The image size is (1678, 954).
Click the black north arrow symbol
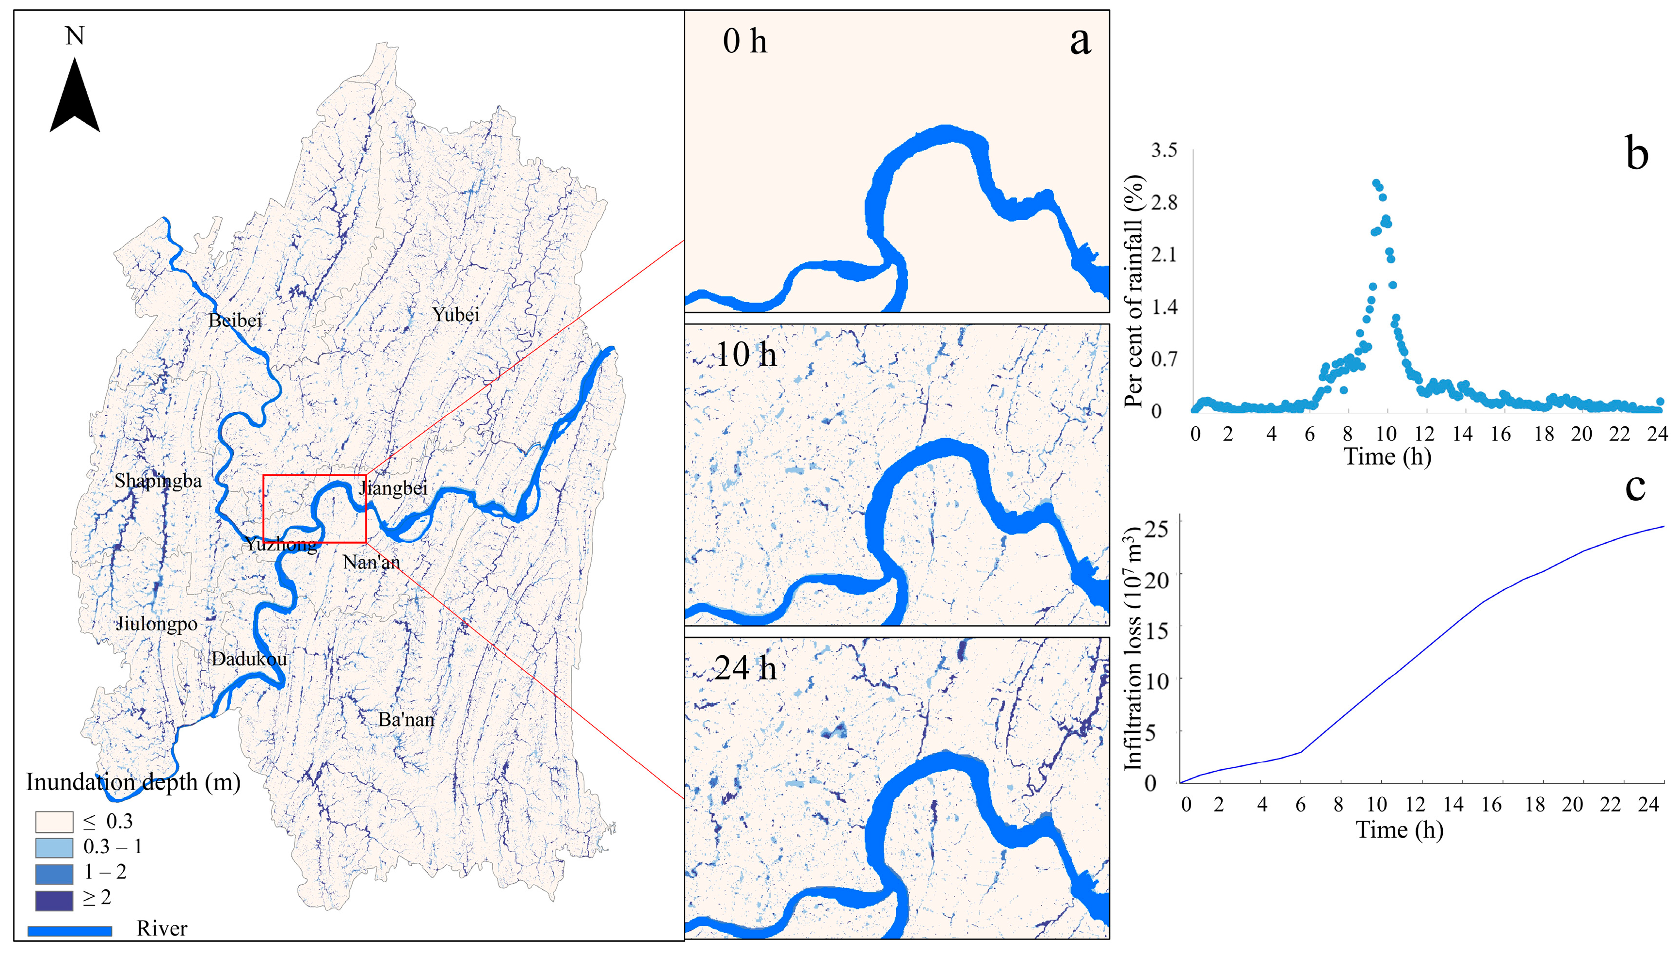[x=75, y=98]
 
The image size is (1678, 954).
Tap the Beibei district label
[x=235, y=321]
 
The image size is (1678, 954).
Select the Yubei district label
[x=456, y=314]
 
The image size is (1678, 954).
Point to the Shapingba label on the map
[x=158, y=481]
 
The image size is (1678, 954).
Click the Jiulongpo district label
[x=157, y=624]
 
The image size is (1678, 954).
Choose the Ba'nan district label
[x=406, y=719]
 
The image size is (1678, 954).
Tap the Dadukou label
[x=249, y=659]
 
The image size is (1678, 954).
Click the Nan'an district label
[x=371, y=562]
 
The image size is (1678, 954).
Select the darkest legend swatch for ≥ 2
[x=54, y=900]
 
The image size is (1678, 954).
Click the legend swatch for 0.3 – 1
[x=54, y=847]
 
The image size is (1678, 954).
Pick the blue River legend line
[x=69, y=930]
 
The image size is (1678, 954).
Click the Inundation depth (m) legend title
[x=133, y=782]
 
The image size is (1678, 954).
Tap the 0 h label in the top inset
[x=745, y=41]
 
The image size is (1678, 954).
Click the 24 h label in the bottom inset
[x=745, y=668]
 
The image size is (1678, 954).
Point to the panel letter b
[x=1637, y=155]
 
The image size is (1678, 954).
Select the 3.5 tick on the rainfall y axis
[x=1164, y=150]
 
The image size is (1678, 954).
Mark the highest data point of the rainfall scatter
[x=1375, y=183]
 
